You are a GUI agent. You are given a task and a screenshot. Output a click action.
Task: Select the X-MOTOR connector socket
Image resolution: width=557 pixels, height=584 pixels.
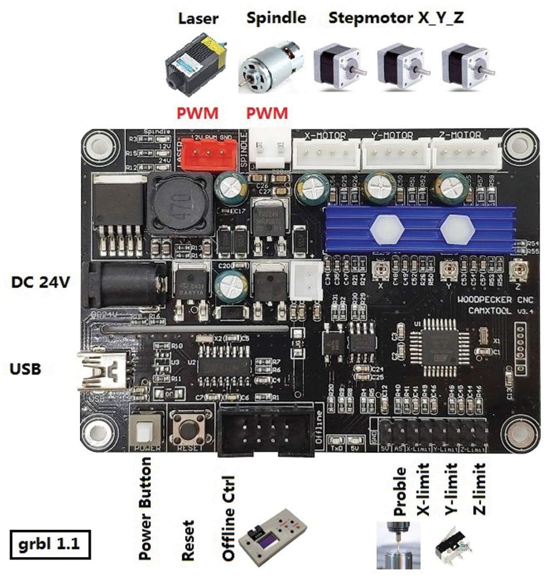(325, 153)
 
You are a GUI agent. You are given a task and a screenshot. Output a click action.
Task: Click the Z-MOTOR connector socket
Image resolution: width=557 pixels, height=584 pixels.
(466, 153)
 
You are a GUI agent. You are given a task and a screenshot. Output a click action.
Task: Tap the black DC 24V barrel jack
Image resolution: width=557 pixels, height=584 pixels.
(125, 285)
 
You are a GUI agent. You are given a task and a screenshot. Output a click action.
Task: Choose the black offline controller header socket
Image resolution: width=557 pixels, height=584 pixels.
(267, 430)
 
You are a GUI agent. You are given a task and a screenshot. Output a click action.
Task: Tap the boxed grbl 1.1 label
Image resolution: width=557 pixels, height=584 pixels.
(49, 543)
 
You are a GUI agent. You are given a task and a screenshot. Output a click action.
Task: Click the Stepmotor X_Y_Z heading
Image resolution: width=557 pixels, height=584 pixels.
(396, 18)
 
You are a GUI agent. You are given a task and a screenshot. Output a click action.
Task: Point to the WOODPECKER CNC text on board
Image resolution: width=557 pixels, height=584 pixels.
(495, 300)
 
